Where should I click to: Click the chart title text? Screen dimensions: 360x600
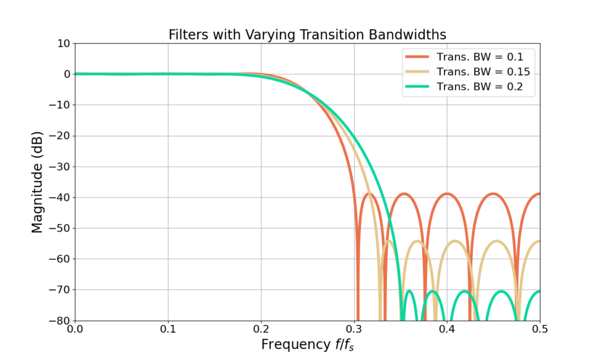point(307,35)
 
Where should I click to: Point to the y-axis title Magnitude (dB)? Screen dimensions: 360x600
point(37,182)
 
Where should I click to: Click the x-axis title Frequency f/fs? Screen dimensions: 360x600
point(307,344)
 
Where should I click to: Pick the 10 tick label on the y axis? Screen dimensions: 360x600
point(63,43)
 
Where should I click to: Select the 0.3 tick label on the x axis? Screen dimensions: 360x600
point(354,329)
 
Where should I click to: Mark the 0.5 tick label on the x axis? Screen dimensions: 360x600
point(540,329)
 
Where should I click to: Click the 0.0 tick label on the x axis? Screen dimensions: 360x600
point(75,329)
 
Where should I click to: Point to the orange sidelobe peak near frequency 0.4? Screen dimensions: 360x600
point(447,193)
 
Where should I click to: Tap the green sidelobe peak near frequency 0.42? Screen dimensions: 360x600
point(465,291)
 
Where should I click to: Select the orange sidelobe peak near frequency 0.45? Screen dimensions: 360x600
point(493,193)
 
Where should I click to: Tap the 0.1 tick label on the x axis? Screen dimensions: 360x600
point(168,329)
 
